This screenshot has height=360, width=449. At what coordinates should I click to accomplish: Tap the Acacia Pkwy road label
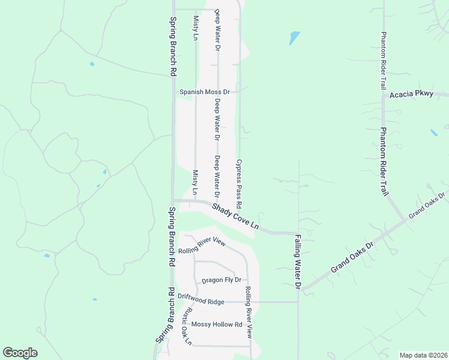point(411,95)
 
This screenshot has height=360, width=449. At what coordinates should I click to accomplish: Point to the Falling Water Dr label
point(297,262)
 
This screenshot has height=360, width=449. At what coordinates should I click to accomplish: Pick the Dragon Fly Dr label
point(221,280)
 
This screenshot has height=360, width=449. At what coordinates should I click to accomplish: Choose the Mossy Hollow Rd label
point(217,325)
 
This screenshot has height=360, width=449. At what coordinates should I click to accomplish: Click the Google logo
point(20,353)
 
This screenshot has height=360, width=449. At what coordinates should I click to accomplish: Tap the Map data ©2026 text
point(423,355)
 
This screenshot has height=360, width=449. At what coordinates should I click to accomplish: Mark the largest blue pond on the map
point(294,38)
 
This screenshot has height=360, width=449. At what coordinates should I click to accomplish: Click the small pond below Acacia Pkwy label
point(433,133)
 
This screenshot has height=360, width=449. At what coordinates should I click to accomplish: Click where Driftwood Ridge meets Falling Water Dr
point(298,302)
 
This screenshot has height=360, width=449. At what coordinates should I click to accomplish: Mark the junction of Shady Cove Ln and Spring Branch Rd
point(173,201)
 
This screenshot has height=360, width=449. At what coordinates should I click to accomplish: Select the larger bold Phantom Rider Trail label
point(384,161)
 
